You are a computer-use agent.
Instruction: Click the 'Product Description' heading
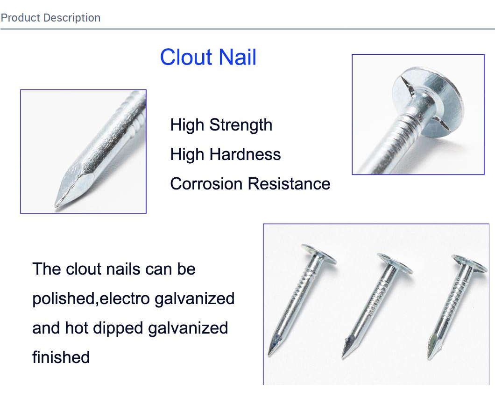50,18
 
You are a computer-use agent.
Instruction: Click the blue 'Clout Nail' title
208,57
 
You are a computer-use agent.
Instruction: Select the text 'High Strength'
221,125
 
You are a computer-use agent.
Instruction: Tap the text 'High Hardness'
226,154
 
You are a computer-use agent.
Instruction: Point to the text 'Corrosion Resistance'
250,184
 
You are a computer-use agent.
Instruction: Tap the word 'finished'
61,357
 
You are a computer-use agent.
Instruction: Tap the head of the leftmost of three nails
319,254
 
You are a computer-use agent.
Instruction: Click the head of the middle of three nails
395,263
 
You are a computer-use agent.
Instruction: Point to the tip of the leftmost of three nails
269,355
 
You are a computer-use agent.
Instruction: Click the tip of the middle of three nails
343,357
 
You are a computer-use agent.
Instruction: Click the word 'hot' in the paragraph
77,328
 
